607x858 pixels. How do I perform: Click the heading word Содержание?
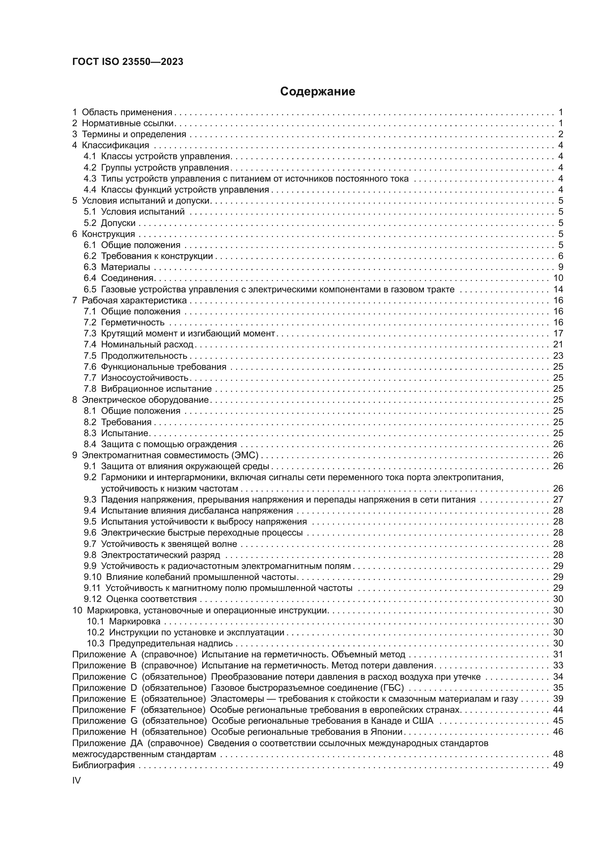pyautogui.click(x=317, y=92)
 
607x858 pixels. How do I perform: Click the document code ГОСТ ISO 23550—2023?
pyautogui.click(x=128, y=62)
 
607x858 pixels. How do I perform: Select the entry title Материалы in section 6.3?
pyautogui.click(x=126, y=267)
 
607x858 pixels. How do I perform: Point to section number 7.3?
pyautogui.click(x=90, y=333)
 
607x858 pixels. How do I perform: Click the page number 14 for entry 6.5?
pyautogui.click(x=558, y=289)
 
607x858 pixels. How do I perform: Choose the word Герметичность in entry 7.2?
pyautogui.click(x=133, y=322)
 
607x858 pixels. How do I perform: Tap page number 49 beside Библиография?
pyautogui.click(x=558, y=765)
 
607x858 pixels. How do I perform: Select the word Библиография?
pyautogui.click(x=103, y=765)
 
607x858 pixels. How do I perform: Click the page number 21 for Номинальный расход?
pyautogui.click(x=558, y=344)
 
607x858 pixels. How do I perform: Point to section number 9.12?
pyautogui.click(x=92, y=599)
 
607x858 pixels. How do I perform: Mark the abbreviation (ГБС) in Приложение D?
pyautogui.click(x=392, y=687)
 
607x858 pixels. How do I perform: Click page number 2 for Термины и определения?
pyautogui.click(x=560, y=134)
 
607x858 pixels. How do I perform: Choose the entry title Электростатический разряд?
pyautogui.click(x=161, y=555)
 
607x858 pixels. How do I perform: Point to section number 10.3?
pyautogui.click(x=95, y=643)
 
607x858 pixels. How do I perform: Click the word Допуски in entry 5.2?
pyautogui.click(x=118, y=223)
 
